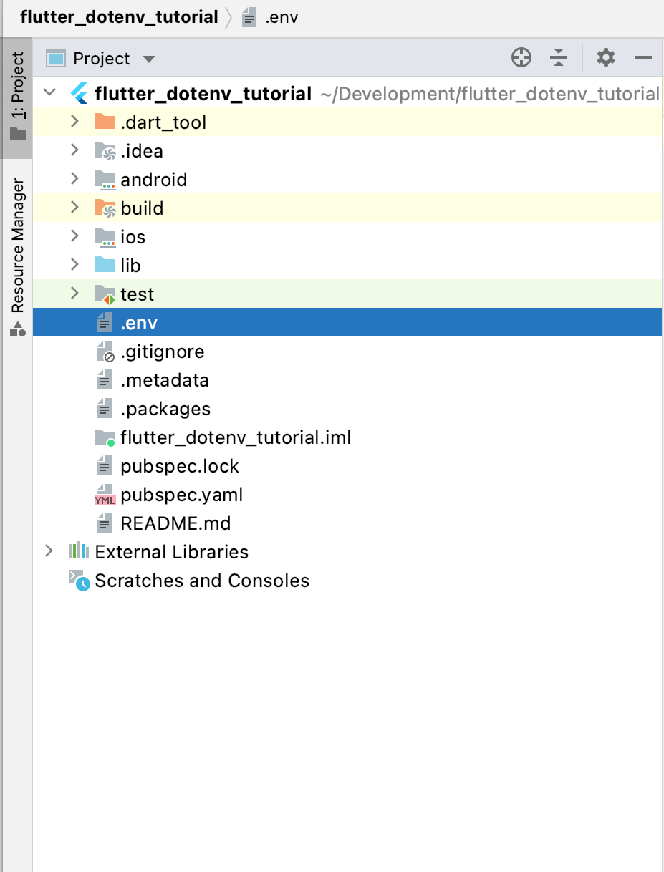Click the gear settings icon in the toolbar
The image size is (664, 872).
pos(605,57)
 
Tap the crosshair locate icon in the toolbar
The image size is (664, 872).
pos(521,57)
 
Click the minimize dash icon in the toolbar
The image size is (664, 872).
pos(643,57)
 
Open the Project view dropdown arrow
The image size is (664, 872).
pos(149,59)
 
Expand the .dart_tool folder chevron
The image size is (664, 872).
pos(74,121)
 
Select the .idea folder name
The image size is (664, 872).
pos(142,151)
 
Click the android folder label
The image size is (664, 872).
pos(154,180)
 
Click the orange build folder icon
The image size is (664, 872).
pos(105,208)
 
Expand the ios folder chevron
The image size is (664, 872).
pos(74,236)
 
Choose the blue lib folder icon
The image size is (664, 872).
pos(105,265)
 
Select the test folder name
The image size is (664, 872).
pos(137,294)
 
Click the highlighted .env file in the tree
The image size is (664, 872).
pos(139,323)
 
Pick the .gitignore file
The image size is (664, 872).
pos(163,352)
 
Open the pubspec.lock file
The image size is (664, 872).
pos(180,466)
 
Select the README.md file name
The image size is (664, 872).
pos(175,523)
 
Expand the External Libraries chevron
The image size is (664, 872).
pos(49,551)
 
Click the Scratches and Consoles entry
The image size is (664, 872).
pos(202,581)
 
